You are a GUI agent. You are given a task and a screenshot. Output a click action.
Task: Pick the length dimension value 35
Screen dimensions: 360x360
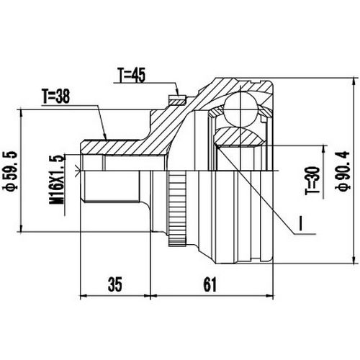coord(114,284)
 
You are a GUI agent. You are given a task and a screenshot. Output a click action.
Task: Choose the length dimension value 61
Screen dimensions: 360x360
coord(209,284)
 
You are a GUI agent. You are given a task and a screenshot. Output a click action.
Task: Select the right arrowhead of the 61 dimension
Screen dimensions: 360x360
coord(273,296)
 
